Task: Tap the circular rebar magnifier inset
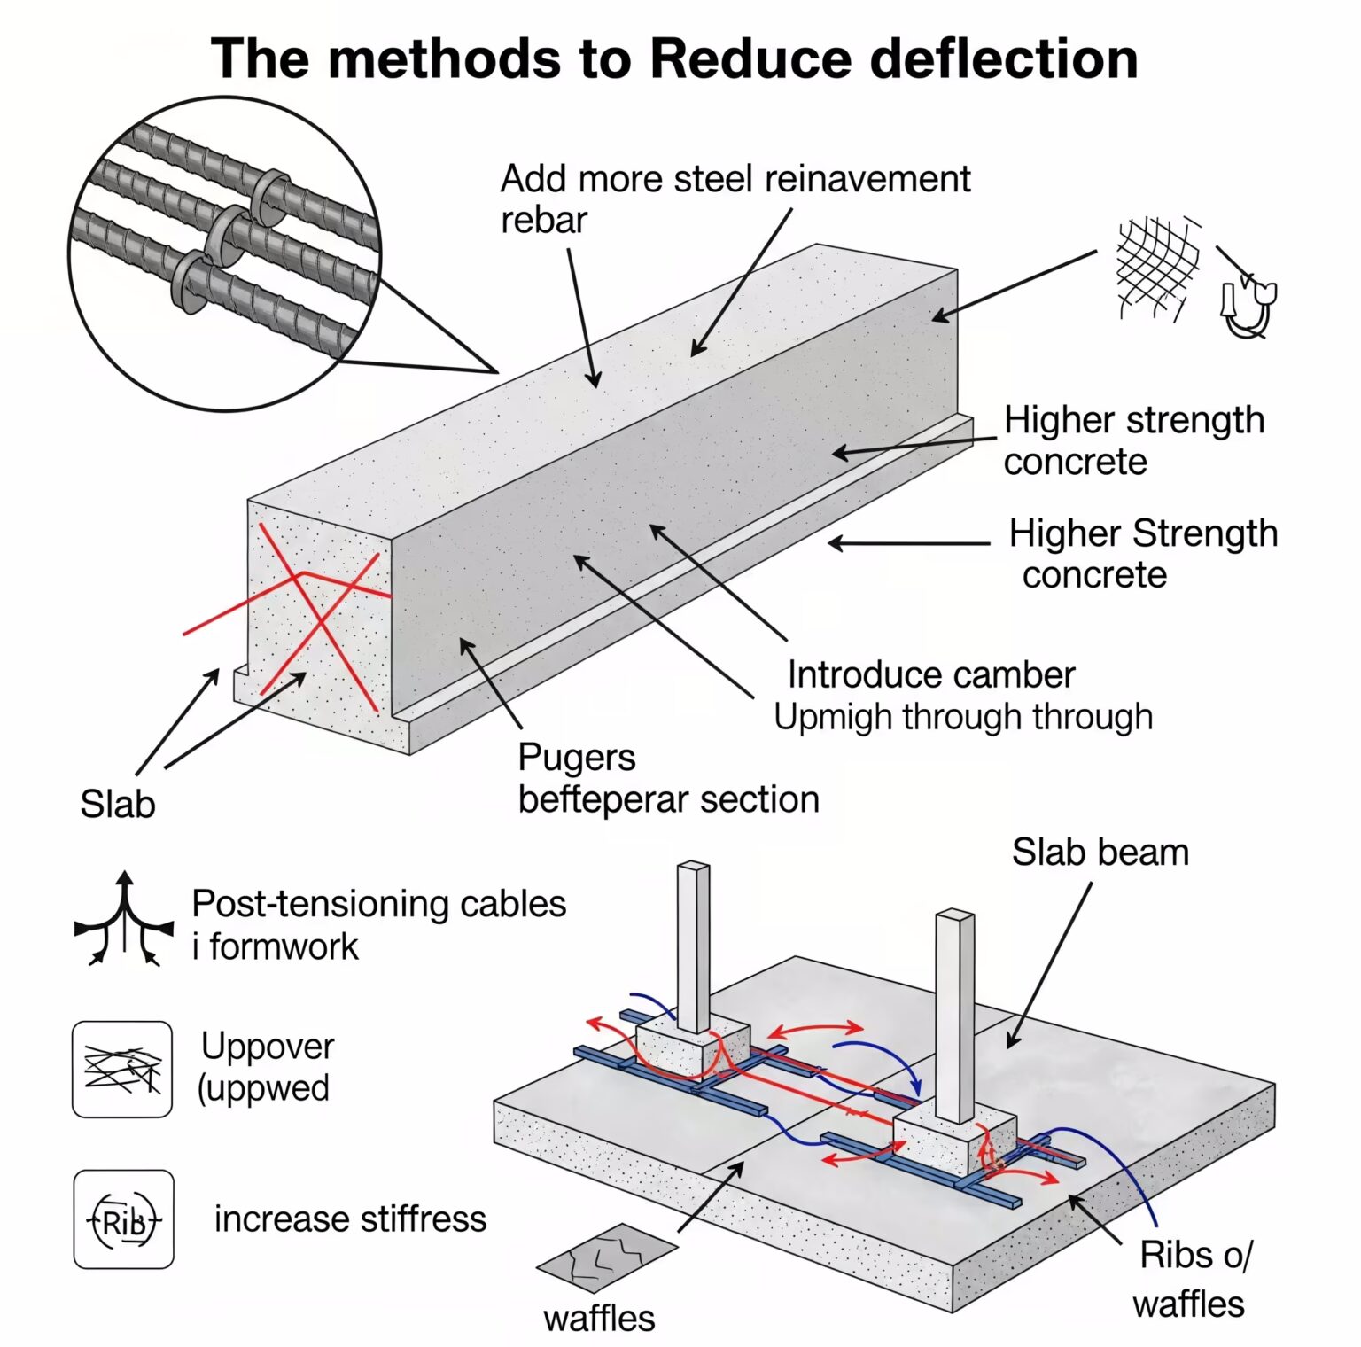click(225, 253)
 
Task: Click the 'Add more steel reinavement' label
click(735, 179)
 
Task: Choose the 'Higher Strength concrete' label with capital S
click(1142, 554)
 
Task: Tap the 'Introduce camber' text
click(930, 675)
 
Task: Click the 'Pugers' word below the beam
click(576, 758)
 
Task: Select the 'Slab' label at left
click(117, 805)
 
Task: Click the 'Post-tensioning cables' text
click(378, 904)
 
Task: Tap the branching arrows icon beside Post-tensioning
click(124, 922)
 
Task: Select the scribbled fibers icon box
click(122, 1069)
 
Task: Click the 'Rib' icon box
click(123, 1219)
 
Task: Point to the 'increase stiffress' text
click(350, 1219)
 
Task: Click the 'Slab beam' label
click(1100, 853)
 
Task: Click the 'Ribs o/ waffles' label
click(1192, 1279)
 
